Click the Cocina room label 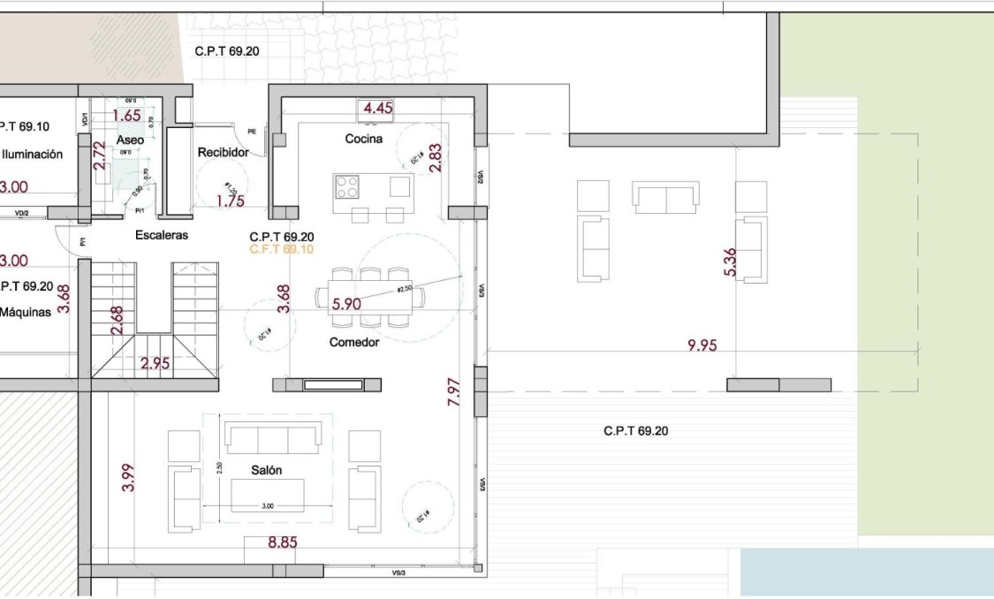[363, 139]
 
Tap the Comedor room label [353, 342]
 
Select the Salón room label [266, 470]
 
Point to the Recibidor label [223, 152]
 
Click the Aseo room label [130, 140]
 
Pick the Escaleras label [162, 235]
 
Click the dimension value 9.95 [702, 345]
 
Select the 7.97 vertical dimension [454, 390]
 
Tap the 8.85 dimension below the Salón [282, 542]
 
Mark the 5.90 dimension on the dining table [345, 304]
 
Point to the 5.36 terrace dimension [730, 262]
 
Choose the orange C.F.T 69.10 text [281, 250]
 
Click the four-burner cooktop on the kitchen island [347, 187]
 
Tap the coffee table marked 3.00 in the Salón [268, 495]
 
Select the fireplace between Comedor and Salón [327, 384]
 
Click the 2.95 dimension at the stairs [156, 363]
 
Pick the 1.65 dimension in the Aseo [127, 115]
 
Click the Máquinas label [27, 312]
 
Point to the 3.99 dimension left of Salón [127, 478]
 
